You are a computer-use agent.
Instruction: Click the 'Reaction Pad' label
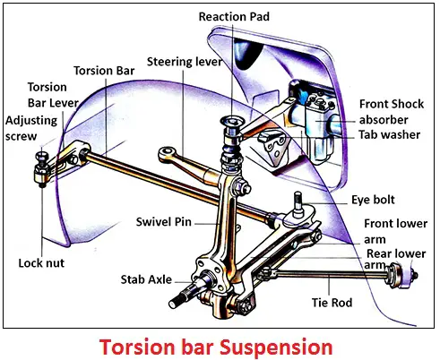click(234, 17)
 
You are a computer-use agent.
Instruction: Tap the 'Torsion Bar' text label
click(104, 71)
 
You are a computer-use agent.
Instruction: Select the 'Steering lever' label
click(185, 62)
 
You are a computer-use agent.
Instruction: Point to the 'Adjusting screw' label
click(31, 128)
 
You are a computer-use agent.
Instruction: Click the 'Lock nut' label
click(41, 263)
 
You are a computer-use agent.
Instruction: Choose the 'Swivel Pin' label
click(163, 222)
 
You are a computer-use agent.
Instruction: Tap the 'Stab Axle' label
click(146, 279)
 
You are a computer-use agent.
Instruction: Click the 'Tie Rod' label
click(332, 303)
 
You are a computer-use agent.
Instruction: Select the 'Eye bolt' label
click(373, 200)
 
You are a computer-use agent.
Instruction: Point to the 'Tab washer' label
click(389, 134)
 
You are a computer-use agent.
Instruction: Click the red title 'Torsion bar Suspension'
click(216, 347)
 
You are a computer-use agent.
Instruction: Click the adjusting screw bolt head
click(40, 156)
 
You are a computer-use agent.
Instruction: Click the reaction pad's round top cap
click(233, 121)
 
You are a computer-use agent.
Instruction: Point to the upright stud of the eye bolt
click(298, 201)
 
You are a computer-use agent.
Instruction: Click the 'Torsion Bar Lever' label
click(53, 95)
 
